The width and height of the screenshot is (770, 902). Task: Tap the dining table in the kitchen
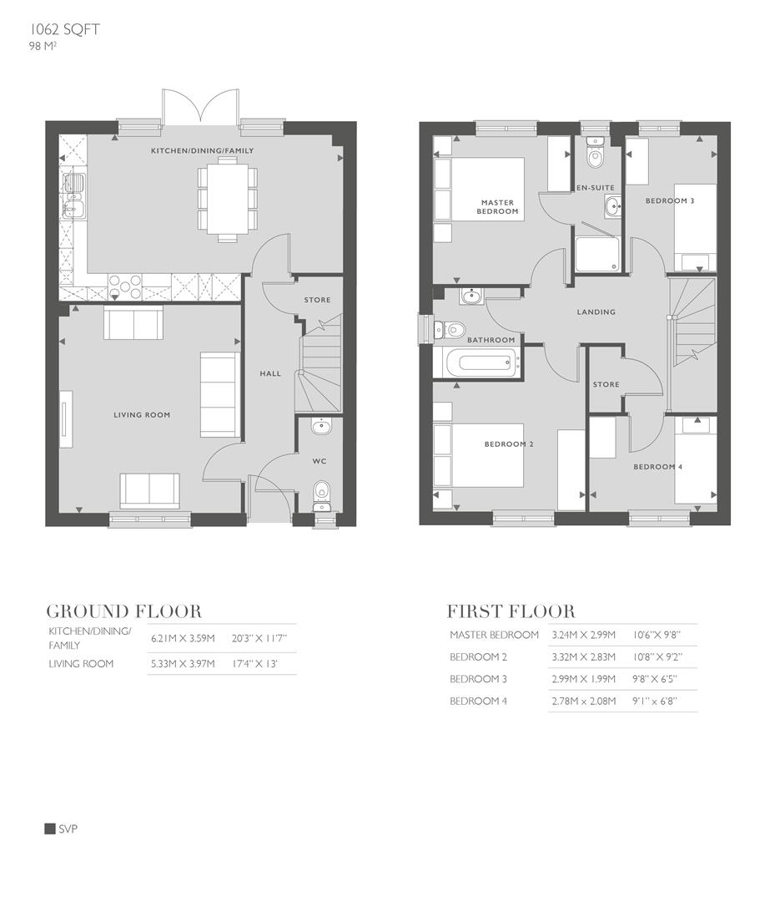(x=227, y=200)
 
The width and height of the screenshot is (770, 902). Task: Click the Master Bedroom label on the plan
(x=497, y=207)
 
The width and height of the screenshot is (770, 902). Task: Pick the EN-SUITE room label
(x=596, y=188)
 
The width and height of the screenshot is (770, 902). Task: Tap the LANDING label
(x=596, y=312)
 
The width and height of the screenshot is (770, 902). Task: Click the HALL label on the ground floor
(x=270, y=373)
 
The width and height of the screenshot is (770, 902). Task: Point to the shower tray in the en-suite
(x=597, y=251)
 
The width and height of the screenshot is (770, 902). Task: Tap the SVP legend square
(x=49, y=829)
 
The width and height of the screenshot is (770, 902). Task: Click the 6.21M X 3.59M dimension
(x=183, y=639)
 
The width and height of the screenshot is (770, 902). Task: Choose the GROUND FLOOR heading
(x=123, y=611)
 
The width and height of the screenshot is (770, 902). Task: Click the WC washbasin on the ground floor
(x=321, y=428)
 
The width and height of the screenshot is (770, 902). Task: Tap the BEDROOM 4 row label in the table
(x=478, y=702)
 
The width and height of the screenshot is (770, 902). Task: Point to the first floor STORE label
(x=606, y=385)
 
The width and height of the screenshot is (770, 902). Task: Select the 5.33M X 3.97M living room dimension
(x=183, y=664)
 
